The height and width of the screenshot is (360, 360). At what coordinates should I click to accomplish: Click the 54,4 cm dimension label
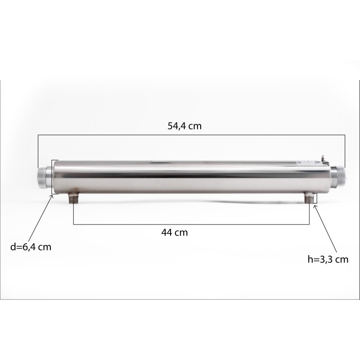pyautogui.click(x=184, y=126)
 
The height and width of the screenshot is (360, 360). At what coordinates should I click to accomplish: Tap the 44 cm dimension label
pyautogui.click(x=174, y=233)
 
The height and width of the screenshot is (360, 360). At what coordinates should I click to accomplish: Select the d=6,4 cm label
pyautogui.click(x=30, y=247)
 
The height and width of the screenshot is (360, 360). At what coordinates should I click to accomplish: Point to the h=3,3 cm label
pyautogui.click(x=327, y=259)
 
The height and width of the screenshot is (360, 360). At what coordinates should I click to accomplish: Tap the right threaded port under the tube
pyautogui.click(x=310, y=198)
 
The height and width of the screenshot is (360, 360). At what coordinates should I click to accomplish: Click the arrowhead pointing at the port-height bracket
pyautogui.click(x=315, y=207)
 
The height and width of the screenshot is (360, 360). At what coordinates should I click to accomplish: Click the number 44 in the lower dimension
pyautogui.click(x=167, y=233)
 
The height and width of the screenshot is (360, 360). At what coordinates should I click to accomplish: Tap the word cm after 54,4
pyautogui.click(x=194, y=126)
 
